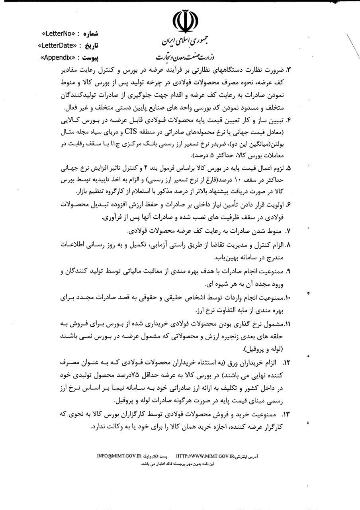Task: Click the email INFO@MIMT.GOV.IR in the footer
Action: point(119,455)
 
